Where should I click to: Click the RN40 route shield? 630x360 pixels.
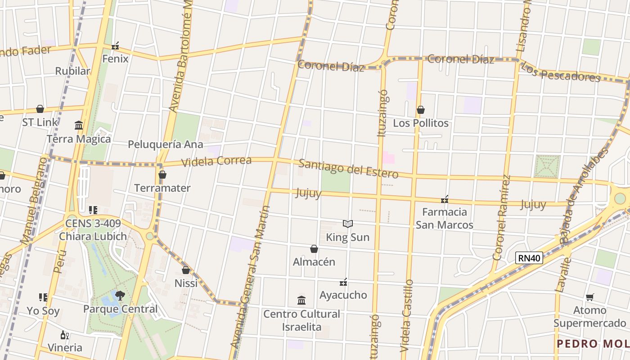point(529,258)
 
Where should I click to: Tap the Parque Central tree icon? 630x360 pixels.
point(120,295)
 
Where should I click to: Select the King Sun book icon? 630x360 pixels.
point(348,224)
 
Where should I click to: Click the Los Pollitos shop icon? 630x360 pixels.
point(421,110)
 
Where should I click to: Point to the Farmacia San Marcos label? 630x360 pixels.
point(444,218)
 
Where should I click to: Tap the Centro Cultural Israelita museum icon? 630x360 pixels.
point(301,300)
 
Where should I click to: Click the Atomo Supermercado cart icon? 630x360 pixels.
point(589,297)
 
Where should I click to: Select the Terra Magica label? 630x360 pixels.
point(79,139)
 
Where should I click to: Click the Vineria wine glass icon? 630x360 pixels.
point(65,335)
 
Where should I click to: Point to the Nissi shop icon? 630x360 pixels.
point(186,270)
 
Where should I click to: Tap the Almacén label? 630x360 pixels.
point(314,261)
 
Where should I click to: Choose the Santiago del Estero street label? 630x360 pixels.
point(348,168)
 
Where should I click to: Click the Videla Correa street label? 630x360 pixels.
point(216,161)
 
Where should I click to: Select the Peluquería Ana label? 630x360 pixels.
point(166,144)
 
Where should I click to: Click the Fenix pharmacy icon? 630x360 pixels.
point(115,46)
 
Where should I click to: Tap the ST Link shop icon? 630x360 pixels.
point(40,109)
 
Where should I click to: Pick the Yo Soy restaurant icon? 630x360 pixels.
point(43,297)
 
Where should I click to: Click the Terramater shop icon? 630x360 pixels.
point(162,175)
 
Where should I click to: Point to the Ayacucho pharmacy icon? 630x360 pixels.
point(343,282)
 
